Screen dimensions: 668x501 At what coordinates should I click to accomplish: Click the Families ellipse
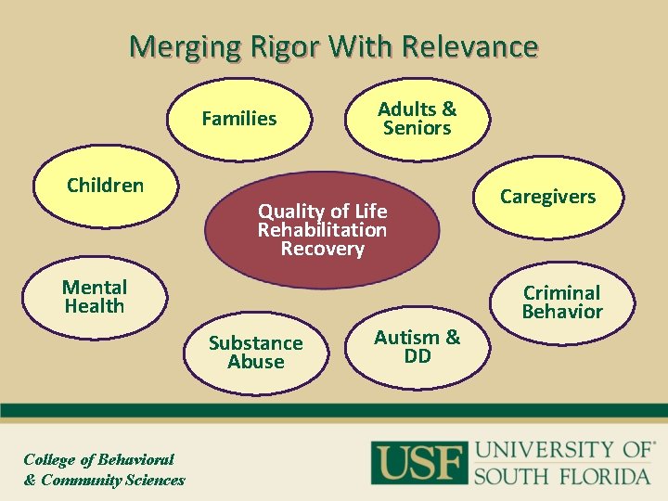tap(239, 119)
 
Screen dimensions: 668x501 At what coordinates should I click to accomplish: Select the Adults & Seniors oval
tap(417, 119)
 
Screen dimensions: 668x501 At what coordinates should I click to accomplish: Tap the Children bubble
tap(105, 186)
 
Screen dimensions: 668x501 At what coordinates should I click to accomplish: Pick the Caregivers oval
tap(547, 197)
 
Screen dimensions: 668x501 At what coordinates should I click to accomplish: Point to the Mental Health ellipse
tap(94, 297)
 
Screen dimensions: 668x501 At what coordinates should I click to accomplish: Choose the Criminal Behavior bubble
tap(562, 302)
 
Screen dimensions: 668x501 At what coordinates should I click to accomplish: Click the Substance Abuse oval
tap(255, 353)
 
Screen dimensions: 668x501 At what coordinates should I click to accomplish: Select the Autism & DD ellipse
tap(417, 346)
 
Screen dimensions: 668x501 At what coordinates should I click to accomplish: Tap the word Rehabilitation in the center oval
tap(322, 229)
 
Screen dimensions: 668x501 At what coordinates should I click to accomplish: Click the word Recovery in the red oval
tap(322, 249)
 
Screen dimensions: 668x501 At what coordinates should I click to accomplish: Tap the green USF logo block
tap(418, 462)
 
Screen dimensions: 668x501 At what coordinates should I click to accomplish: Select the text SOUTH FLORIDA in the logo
tap(562, 476)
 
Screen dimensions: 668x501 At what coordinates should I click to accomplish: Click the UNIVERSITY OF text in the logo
tap(562, 451)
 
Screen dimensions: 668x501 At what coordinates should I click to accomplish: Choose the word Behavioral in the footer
tap(136, 459)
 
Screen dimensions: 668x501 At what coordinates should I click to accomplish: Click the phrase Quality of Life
tap(322, 211)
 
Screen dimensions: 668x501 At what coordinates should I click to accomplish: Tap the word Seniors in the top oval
tap(417, 128)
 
